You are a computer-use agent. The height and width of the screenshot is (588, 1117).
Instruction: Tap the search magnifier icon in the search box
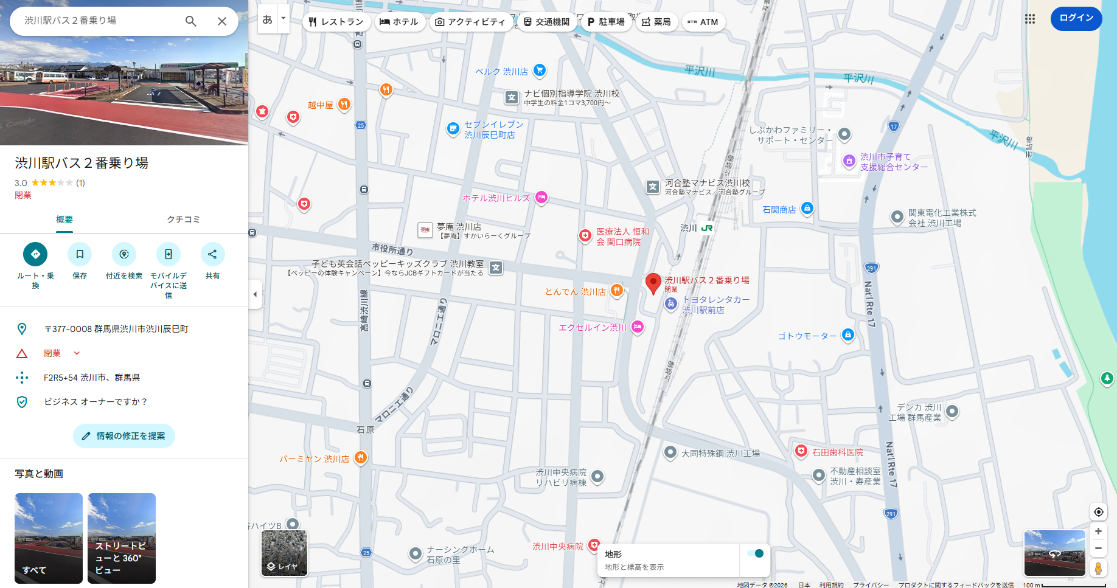tap(191, 21)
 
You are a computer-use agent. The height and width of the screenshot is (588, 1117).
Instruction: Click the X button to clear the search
tap(222, 21)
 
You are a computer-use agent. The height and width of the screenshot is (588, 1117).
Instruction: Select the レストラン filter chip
tap(336, 22)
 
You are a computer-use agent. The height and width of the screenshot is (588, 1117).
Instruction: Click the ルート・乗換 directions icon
tap(35, 254)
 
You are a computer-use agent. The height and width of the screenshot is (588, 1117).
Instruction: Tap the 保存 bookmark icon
tap(80, 254)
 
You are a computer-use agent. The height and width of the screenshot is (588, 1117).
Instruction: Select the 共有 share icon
tap(212, 254)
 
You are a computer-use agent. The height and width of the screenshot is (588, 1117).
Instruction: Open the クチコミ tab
tap(183, 220)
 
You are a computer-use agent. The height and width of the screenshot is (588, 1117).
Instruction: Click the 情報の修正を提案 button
tap(124, 436)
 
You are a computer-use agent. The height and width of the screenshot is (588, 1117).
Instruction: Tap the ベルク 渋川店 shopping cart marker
tap(539, 71)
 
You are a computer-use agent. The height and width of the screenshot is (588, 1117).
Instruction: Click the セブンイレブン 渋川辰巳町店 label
tap(493, 130)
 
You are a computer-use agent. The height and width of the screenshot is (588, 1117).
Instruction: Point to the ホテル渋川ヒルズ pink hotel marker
tap(541, 198)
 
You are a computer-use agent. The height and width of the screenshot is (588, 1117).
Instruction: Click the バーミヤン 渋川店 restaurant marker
tap(361, 457)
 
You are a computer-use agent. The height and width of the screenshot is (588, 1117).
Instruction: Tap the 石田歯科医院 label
tap(837, 452)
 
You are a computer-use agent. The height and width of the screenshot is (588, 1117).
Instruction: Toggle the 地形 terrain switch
tap(755, 553)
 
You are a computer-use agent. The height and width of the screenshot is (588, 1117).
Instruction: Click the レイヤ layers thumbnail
tap(284, 553)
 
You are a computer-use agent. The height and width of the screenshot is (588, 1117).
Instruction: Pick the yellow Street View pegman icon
tap(1098, 569)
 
